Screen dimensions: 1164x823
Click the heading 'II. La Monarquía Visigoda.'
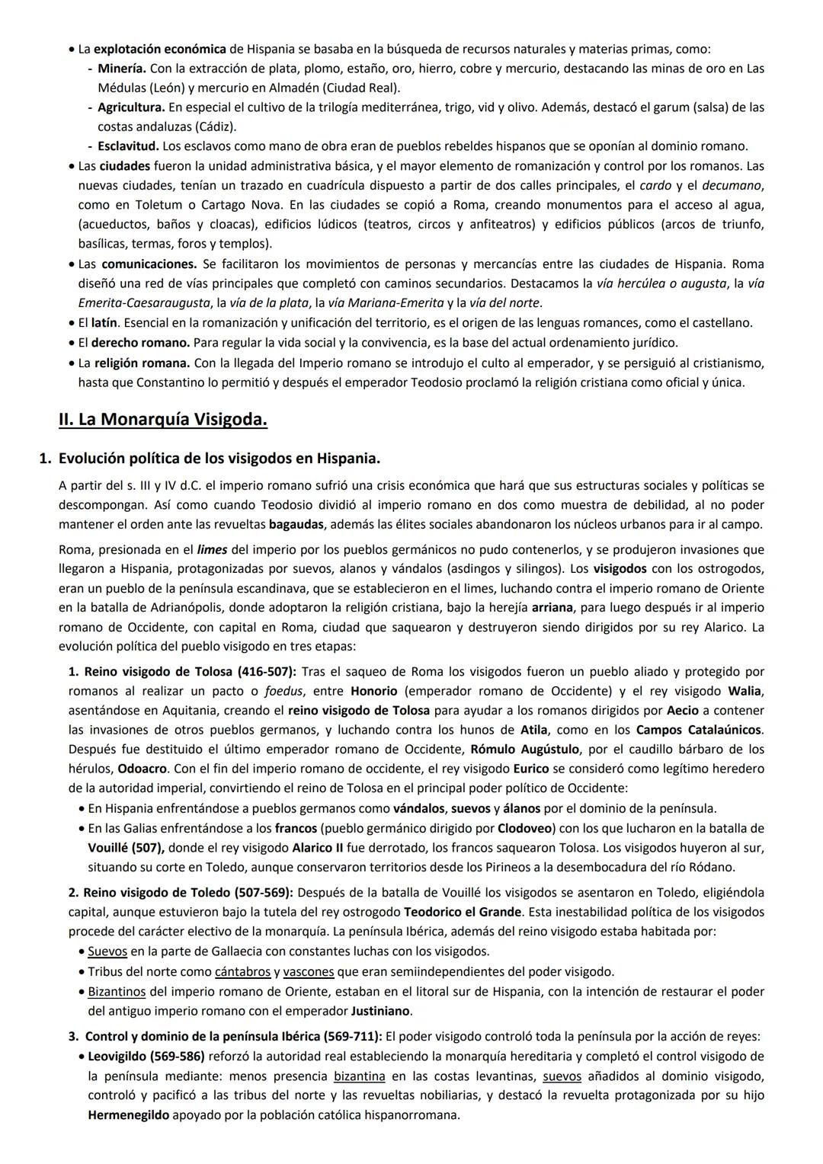[x=162, y=420]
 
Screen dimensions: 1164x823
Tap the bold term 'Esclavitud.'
[x=128, y=145]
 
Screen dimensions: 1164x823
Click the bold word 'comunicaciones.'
[x=149, y=264]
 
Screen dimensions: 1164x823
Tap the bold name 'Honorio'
[x=374, y=691]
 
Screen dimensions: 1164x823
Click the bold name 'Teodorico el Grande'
[x=463, y=912]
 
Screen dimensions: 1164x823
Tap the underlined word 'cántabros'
[x=242, y=971]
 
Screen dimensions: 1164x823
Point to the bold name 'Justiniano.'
[x=381, y=1011]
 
